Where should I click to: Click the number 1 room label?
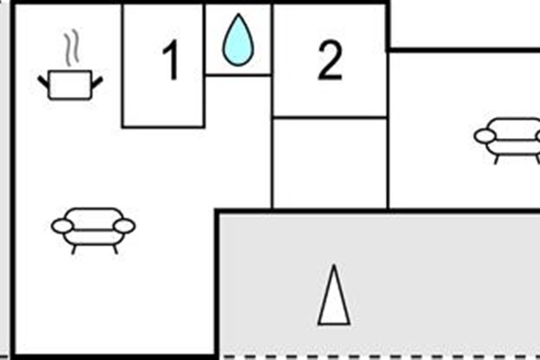[x=171, y=59]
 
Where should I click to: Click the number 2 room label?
[x=330, y=60]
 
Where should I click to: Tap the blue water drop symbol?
[x=238, y=40]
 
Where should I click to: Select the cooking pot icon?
[x=70, y=65]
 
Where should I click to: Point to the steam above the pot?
[x=72, y=48]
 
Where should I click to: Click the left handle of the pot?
[x=44, y=82]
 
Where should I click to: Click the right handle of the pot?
[x=97, y=82]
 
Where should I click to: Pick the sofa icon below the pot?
[x=93, y=231]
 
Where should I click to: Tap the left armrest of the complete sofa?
[x=62, y=226]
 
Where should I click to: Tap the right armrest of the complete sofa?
[x=124, y=226]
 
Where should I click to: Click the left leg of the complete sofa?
[x=74, y=250]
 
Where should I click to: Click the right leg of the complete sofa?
[x=116, y=250]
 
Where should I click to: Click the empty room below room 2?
[x=330, y=163]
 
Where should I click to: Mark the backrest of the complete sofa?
[x=94, y=218]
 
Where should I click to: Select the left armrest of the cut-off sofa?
[x=485, y=136]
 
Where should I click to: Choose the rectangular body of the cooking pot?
[x=70, y=85]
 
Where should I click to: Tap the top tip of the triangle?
[x=334, y=265]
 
